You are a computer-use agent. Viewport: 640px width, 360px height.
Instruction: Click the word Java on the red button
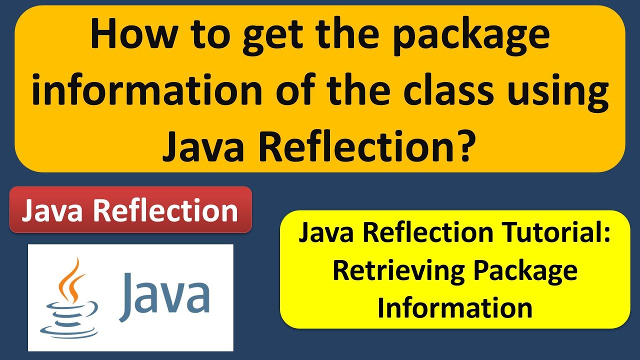54,210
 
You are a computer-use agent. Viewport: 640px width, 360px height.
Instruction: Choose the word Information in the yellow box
454,307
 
